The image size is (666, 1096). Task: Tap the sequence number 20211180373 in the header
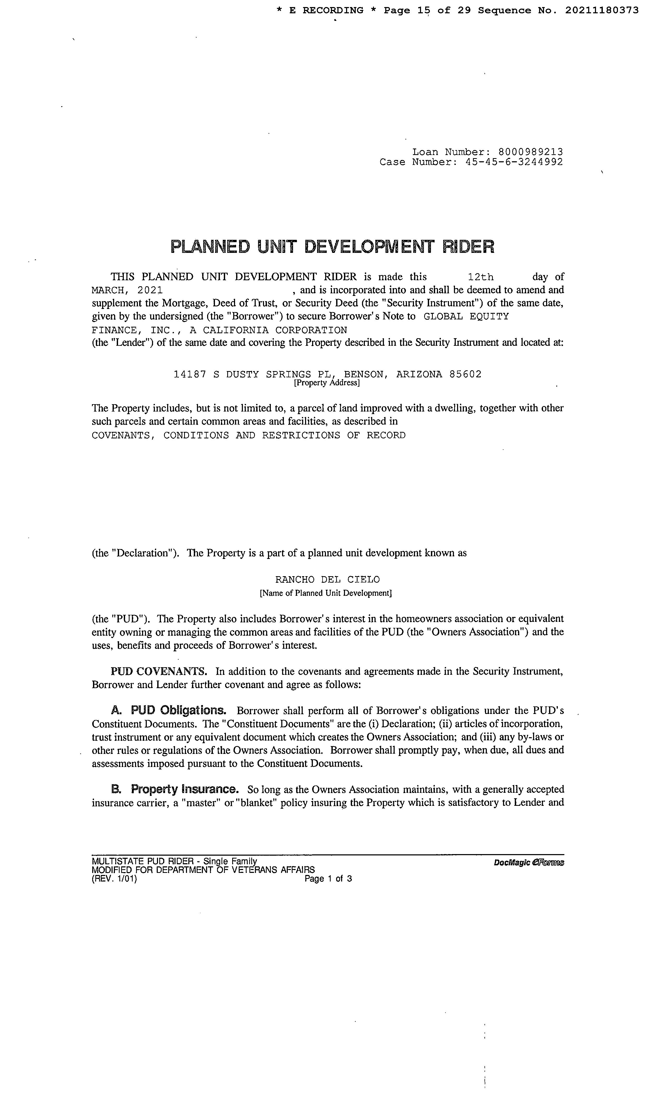(x=602, y=10)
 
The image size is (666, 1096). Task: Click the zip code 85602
(x=465, y=374)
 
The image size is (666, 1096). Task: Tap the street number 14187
(x=190, y=374)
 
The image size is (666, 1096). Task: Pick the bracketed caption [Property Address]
(x=327, y=383)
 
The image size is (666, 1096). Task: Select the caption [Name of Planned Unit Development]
(x=325, y=593)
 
